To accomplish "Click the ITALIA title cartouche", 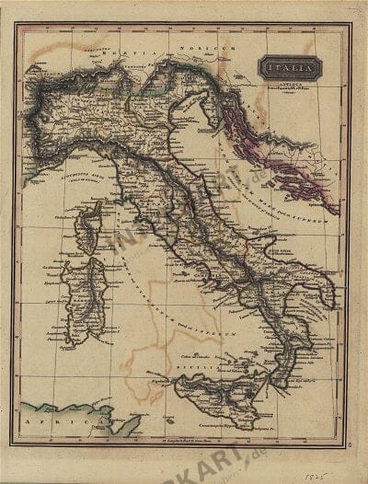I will tap(289, 66).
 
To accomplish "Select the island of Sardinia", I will tap(87, 299).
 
